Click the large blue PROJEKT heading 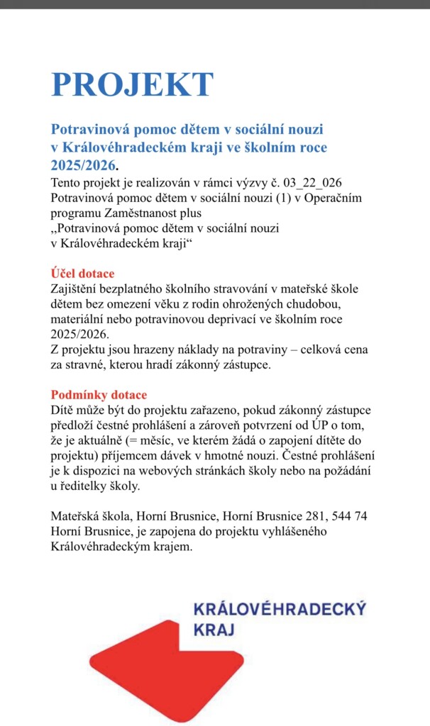[132, 84]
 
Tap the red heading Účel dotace [82, 274]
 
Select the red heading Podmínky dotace [99, 395]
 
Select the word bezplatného [143, 289]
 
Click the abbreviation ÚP [320, 425]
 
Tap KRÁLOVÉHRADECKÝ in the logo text [280, 609]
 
